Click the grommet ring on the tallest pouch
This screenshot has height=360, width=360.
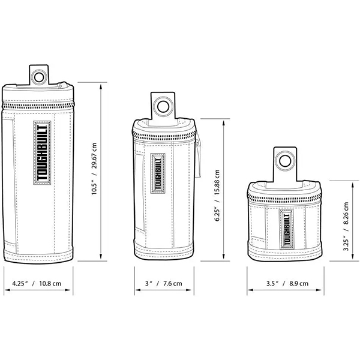[x=34, y=77]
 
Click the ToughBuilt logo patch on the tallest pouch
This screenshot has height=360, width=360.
[x=42, y=152]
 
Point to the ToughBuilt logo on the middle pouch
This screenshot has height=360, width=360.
[x=158, y=173]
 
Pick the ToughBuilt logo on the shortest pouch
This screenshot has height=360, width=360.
[x=287, y=229]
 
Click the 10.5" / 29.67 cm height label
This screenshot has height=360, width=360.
[x=94, y=169]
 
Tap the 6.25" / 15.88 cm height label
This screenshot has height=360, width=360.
[x=217, y=196]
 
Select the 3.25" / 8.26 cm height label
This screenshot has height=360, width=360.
[x=346, y=226]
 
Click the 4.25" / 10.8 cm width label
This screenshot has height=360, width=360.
[x=37, y=283]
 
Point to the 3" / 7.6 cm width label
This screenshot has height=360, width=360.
[x=163, y=283]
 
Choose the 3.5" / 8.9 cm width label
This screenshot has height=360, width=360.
[x=287, y=283]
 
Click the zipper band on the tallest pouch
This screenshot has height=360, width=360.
[x=38, y=106]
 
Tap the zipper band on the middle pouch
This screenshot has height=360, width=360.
[x=164, y=134]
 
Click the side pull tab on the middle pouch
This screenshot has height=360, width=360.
[x=199, y=158]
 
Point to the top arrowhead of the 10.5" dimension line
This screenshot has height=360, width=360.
[x=101, y=86]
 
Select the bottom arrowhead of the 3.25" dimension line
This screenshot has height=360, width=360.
[x=352, y=257]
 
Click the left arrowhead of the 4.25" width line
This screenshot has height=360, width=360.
[x=7, y=290]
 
